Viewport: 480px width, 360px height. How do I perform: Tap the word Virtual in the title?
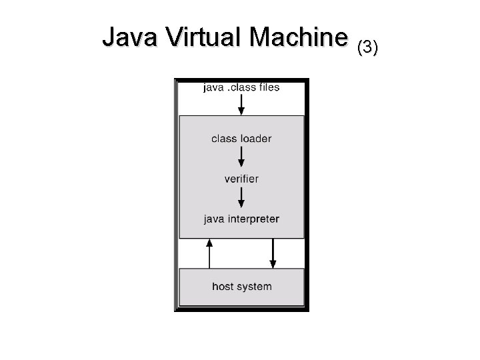pyautogui.click(x=204, y=39)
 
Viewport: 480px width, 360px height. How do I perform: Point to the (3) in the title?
pyautogui.click(x=367, y=47)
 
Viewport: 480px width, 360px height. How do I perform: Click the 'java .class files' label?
pyautogui.click(x=241, y=87)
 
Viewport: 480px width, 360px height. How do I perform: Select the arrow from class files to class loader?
pyautogui.click(x=241, y=104)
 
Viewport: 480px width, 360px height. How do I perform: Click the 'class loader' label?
pyautogui.click(x=241, y=139)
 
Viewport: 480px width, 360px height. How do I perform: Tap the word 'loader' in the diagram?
pyautogui.click(x=256, y=139)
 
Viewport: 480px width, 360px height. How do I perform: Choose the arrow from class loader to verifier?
pyautogui.click(x=241, y=157)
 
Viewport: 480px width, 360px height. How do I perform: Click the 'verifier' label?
pyautogui.click(x=241, y=179)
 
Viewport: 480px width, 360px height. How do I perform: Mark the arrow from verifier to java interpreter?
pyautogui.click(x=241, y=197)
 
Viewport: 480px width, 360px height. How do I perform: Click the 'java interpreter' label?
pyautogui.click(x=241, y=219)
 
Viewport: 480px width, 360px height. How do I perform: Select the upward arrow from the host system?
pyautogui.click(x=209, y=253)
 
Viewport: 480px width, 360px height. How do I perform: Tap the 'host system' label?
pyautogui.click(x=241, y=287)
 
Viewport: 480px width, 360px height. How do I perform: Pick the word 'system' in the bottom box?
pyautogui.click(x=254, y=287)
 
